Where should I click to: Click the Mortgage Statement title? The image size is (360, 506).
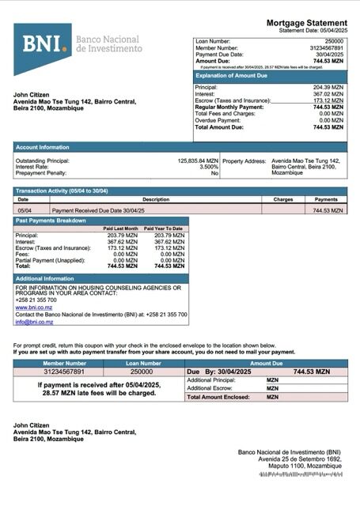306,22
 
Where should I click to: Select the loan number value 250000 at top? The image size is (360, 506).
334,40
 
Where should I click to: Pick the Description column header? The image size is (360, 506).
156,200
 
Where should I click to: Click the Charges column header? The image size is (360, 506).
283,200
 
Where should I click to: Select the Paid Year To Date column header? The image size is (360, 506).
169,228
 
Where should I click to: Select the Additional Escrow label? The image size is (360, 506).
210,388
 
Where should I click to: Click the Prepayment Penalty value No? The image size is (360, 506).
214,172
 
